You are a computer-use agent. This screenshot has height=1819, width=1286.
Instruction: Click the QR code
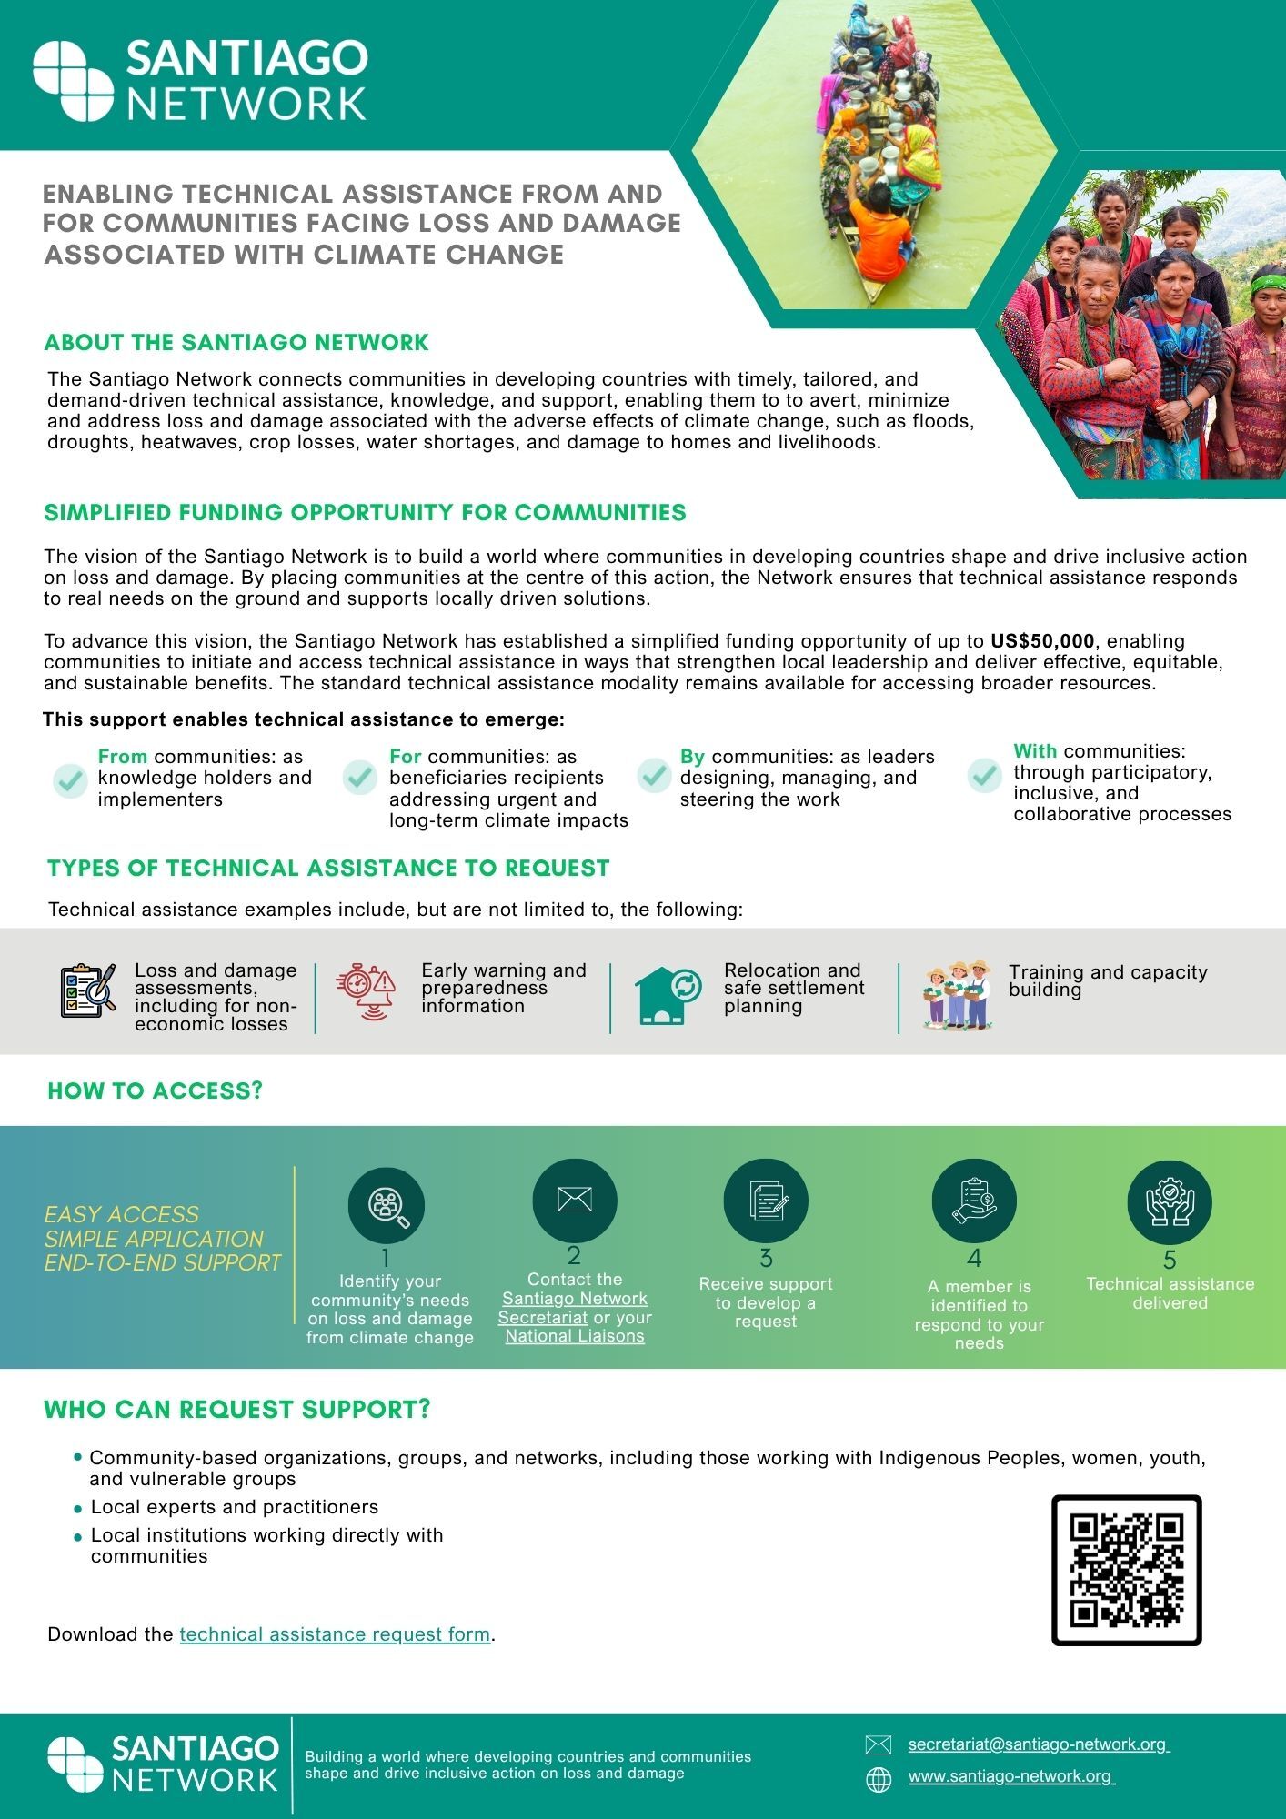[1126, 1570]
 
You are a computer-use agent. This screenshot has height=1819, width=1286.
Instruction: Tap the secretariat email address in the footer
[1038, 1744]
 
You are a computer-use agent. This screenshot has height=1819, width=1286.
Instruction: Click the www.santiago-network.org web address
[1010, 1776]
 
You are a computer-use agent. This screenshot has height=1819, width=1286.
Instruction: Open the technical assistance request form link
[335, 1633]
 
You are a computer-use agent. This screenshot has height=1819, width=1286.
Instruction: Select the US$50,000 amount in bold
[1042, 641]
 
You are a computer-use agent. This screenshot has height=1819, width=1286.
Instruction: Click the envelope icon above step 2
[574, 1200]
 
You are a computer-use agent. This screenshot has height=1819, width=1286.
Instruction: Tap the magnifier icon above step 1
[387, 1206]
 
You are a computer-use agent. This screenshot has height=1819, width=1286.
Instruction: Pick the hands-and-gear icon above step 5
[1169, 1202]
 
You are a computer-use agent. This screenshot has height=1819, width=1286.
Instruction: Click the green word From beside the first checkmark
[123, 757]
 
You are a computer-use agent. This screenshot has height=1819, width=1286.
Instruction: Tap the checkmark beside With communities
[984, 775]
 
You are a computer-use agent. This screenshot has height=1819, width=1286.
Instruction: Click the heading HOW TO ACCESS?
[155, 1090]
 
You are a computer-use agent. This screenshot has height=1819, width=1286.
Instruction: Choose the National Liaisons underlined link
[575, 1336]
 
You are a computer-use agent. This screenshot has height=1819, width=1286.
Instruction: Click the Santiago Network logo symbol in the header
[73, 81]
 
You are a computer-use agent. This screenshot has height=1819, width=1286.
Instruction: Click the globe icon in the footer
[879, 1780]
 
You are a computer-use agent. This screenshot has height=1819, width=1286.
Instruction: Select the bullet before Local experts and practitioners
[78, 1508]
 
